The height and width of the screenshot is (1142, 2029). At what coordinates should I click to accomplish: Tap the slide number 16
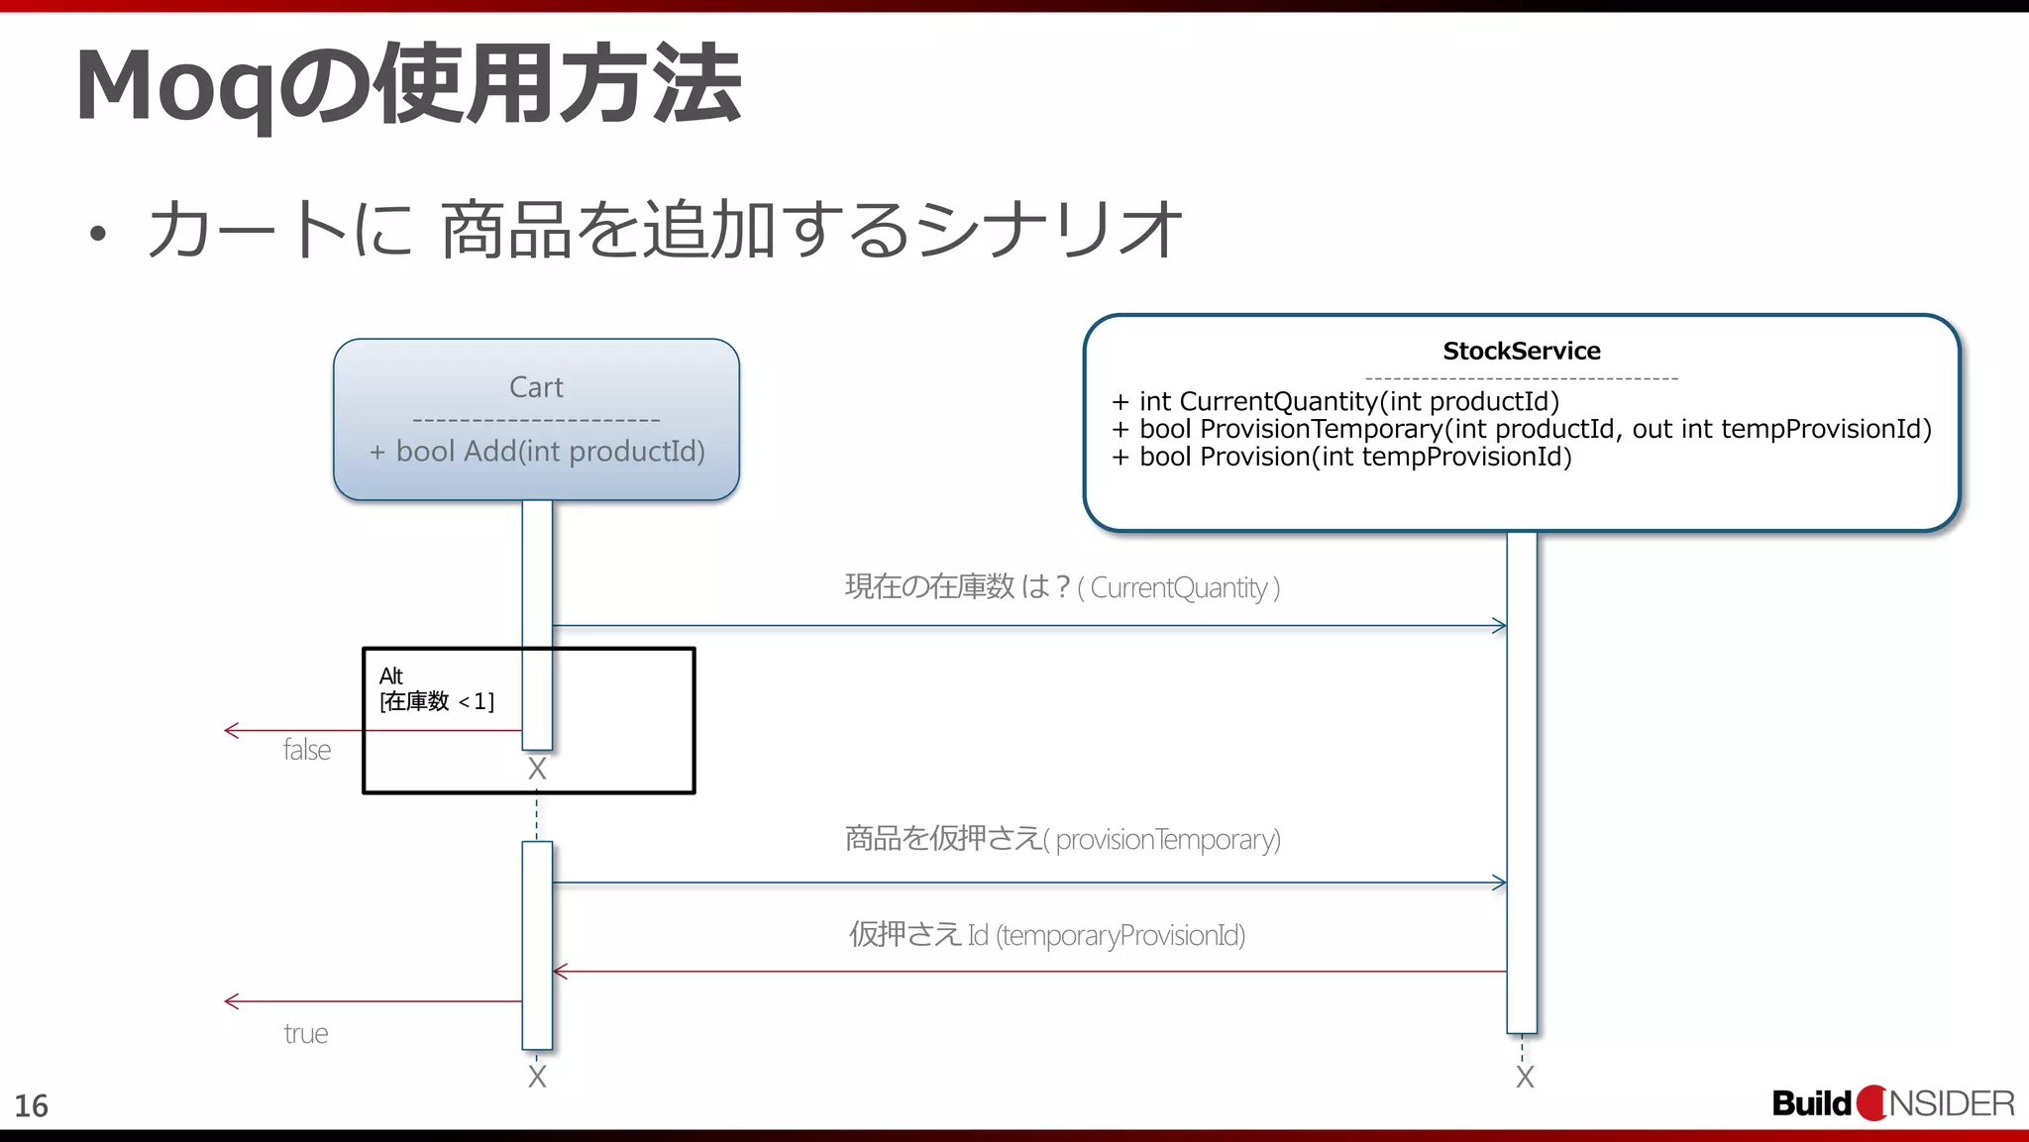click(31, 1106)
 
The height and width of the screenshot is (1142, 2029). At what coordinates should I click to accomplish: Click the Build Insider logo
click(1892, 1103)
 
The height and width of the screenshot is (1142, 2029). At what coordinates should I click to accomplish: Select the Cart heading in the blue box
click(536, 387)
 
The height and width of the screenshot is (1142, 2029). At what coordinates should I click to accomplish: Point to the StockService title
click(1521, 351)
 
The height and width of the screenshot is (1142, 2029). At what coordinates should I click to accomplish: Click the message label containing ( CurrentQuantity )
click(1184, 588)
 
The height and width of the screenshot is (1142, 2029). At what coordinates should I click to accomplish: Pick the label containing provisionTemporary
click(1167, 840)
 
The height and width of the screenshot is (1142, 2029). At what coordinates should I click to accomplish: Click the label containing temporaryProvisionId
click(1120, 935)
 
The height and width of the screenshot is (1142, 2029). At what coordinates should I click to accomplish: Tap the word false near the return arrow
click(306, 750)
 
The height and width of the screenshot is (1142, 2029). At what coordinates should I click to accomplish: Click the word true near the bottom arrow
click(305, 1034)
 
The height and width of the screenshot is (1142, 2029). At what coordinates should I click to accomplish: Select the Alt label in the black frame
click(390, 676)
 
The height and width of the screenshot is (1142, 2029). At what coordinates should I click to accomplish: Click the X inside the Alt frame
click(537, 769)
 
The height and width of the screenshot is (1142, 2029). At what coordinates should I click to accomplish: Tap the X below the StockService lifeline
click(1525, 1077)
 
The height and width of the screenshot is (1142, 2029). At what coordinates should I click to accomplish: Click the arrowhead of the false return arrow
click(231, 731)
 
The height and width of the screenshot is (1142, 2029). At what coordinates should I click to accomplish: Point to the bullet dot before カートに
click(96, 235)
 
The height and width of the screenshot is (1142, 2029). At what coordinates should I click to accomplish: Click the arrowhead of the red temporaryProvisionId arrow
click(560, 972)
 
